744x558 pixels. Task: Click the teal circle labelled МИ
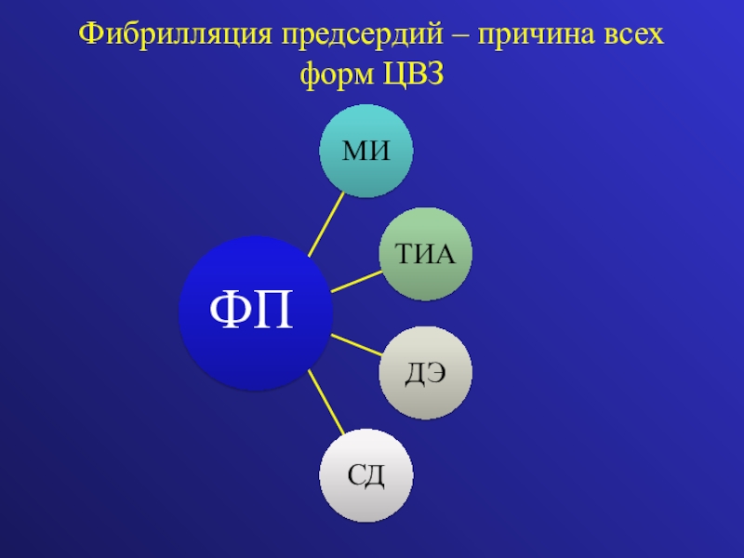(365, 151)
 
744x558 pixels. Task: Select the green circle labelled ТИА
(426, 254)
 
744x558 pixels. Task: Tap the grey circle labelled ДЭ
(426, 372)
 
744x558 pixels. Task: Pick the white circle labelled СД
(366, 475)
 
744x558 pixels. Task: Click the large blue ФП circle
(254, 312)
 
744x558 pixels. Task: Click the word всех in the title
(633, 36)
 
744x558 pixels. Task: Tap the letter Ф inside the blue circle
(228, 313)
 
